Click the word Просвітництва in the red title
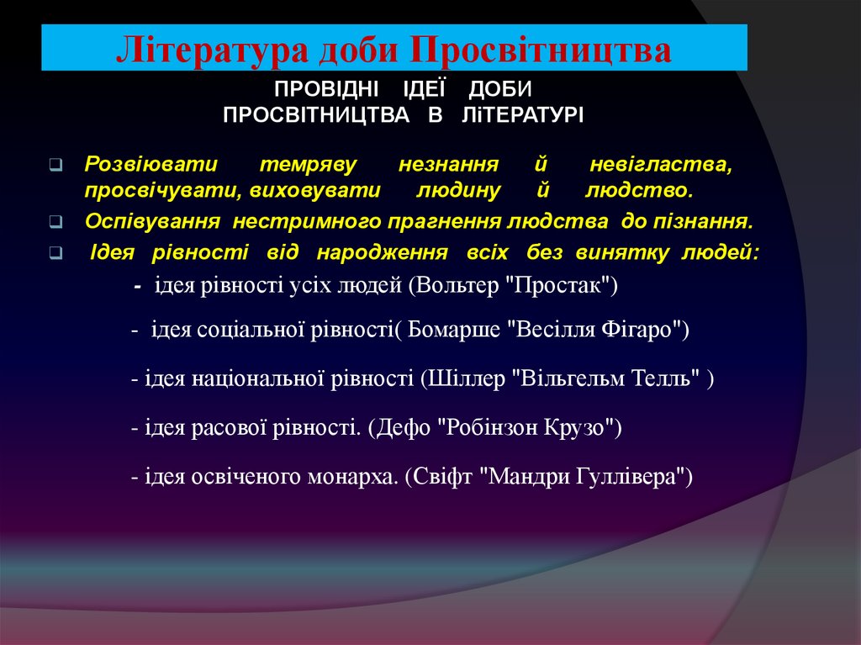point(541,50)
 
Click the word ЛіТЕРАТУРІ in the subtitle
point(522,114)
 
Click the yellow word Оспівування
point(152,222)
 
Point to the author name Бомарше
point(455,330)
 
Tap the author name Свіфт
point(442,477)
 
